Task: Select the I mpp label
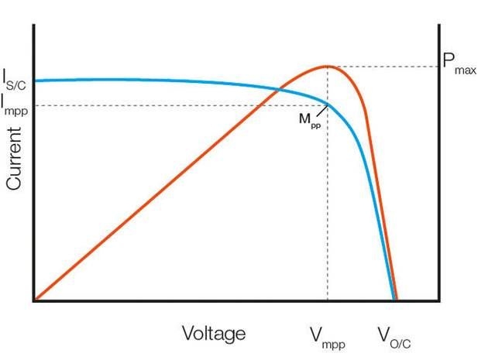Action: [x=15, y=103]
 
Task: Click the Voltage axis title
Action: [x=214, y=334]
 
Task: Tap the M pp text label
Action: [x=310, y=122]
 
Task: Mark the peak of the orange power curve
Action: [x=328, y=66]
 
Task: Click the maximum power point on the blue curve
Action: [x=328, y=105]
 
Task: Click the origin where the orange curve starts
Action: [x=34, y=300]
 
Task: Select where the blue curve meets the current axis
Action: [x=35, y=81]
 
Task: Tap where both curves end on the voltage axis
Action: [x=395, y=300]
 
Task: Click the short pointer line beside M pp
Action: [x=322, y=111]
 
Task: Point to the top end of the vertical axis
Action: [x=34, y=26]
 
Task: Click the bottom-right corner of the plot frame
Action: [x=439, y=300]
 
